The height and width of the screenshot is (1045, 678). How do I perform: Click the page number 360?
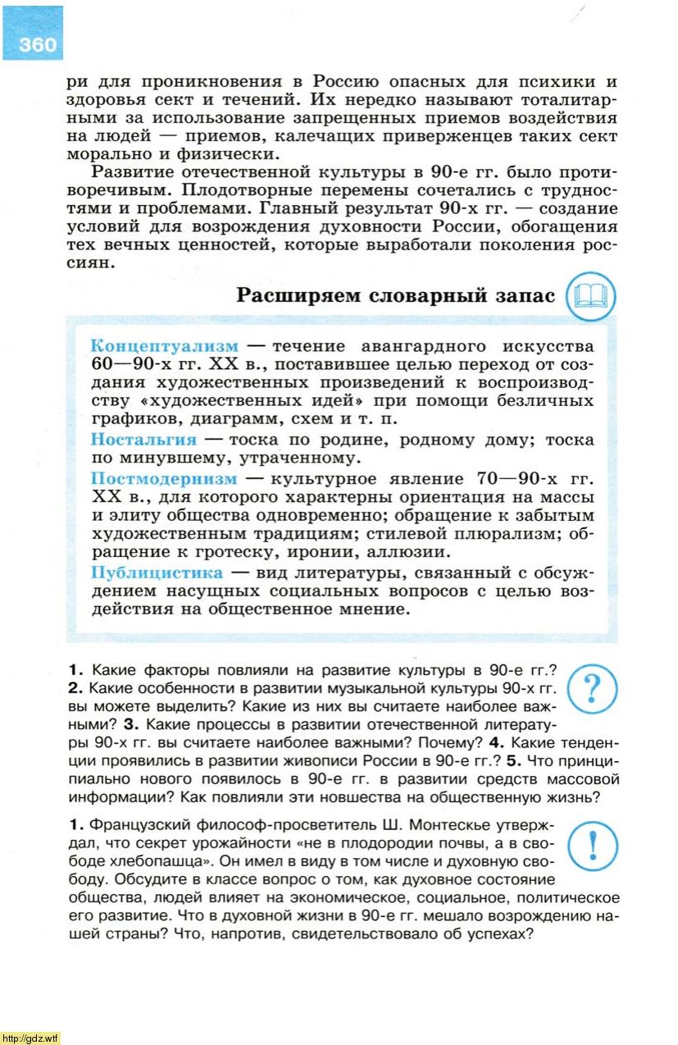38,43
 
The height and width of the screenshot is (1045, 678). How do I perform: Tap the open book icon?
590,295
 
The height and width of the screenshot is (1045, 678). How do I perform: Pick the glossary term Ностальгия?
143,439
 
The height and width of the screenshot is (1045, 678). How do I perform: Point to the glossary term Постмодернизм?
164,478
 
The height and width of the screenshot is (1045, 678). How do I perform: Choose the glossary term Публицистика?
157,572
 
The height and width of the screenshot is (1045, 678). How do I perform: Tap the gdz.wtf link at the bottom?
30,1038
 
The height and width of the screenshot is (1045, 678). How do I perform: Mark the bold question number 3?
129,724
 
